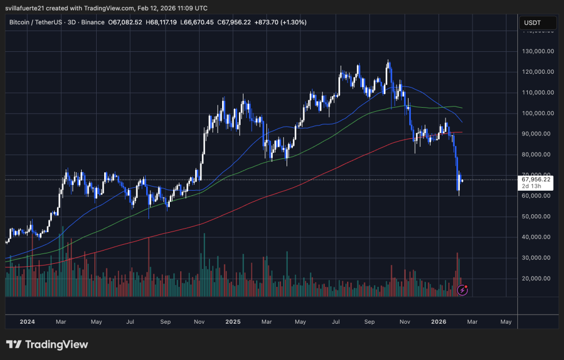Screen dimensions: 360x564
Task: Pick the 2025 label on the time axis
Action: point(234,321)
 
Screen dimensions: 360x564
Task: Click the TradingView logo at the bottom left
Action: point(47,344)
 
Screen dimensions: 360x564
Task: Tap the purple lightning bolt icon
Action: point(462,290)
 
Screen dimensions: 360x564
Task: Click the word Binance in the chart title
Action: point(91,22)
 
